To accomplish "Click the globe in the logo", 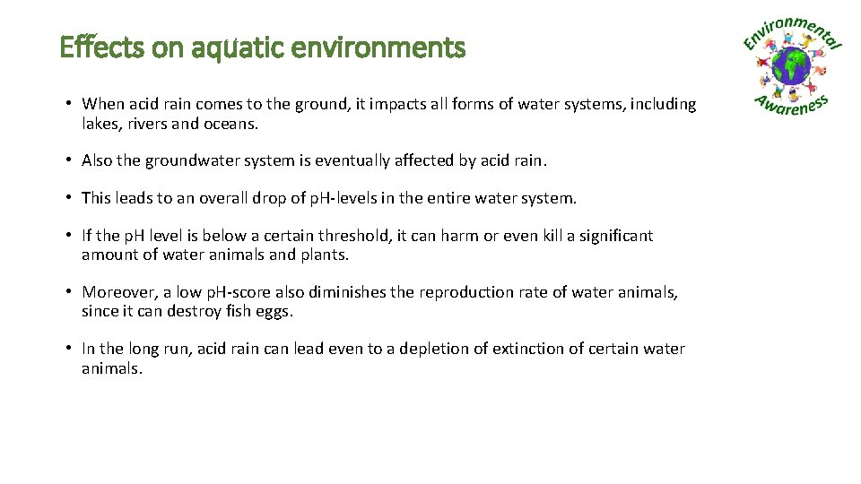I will (x=792, y=66).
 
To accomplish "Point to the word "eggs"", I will (x=274, y=312).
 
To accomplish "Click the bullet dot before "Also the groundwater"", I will (x=68, y=161).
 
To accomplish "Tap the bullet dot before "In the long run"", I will (x=68, y=349).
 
